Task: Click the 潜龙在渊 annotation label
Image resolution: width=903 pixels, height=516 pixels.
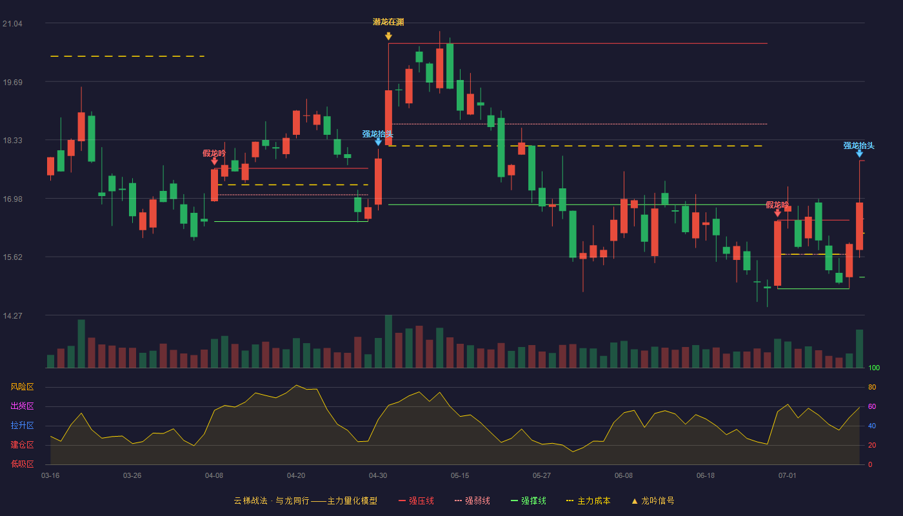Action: click(x=388, y=22)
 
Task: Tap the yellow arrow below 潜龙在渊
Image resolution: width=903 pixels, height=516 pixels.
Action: click(x=388, y=36)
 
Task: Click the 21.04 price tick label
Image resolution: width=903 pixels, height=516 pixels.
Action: click(x=12, y=24)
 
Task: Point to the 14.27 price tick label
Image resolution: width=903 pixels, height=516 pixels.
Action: click(x=12, y=315)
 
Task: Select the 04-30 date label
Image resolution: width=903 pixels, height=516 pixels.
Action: click(x=378, y=476)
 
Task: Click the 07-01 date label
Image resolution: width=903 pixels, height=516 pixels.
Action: click(x=788, y=476)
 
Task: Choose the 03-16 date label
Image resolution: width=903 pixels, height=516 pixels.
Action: click(x=50, y=476)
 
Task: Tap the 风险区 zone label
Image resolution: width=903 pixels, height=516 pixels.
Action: click(x=22, y=387)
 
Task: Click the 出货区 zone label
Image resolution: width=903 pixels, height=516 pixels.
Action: click(x=22, y=406)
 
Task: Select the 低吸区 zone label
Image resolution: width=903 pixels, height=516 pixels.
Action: click(x=22, y=464)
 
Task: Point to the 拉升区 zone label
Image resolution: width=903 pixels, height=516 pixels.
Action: click(x=22, y=425)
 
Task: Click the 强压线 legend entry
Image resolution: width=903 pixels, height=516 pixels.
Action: click(x=416, y=501)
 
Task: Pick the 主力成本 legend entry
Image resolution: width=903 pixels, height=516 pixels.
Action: click(x=588, y=501)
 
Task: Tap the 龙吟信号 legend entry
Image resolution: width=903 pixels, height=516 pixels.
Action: click(x=653, y=501)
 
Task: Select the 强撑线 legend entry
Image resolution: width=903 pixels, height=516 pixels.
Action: click(x=528, y=501)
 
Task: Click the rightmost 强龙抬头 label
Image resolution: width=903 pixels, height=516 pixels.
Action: click(x=859, y=146)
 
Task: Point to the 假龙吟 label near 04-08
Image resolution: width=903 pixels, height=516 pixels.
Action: click(x=214, y=154)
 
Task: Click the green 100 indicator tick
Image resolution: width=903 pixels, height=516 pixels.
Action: click(x=874, y=368)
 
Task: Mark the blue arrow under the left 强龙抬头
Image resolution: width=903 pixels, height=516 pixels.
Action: click(x=378, y=143)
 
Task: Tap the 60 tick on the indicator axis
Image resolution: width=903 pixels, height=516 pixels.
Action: click(x=872, y=406)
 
